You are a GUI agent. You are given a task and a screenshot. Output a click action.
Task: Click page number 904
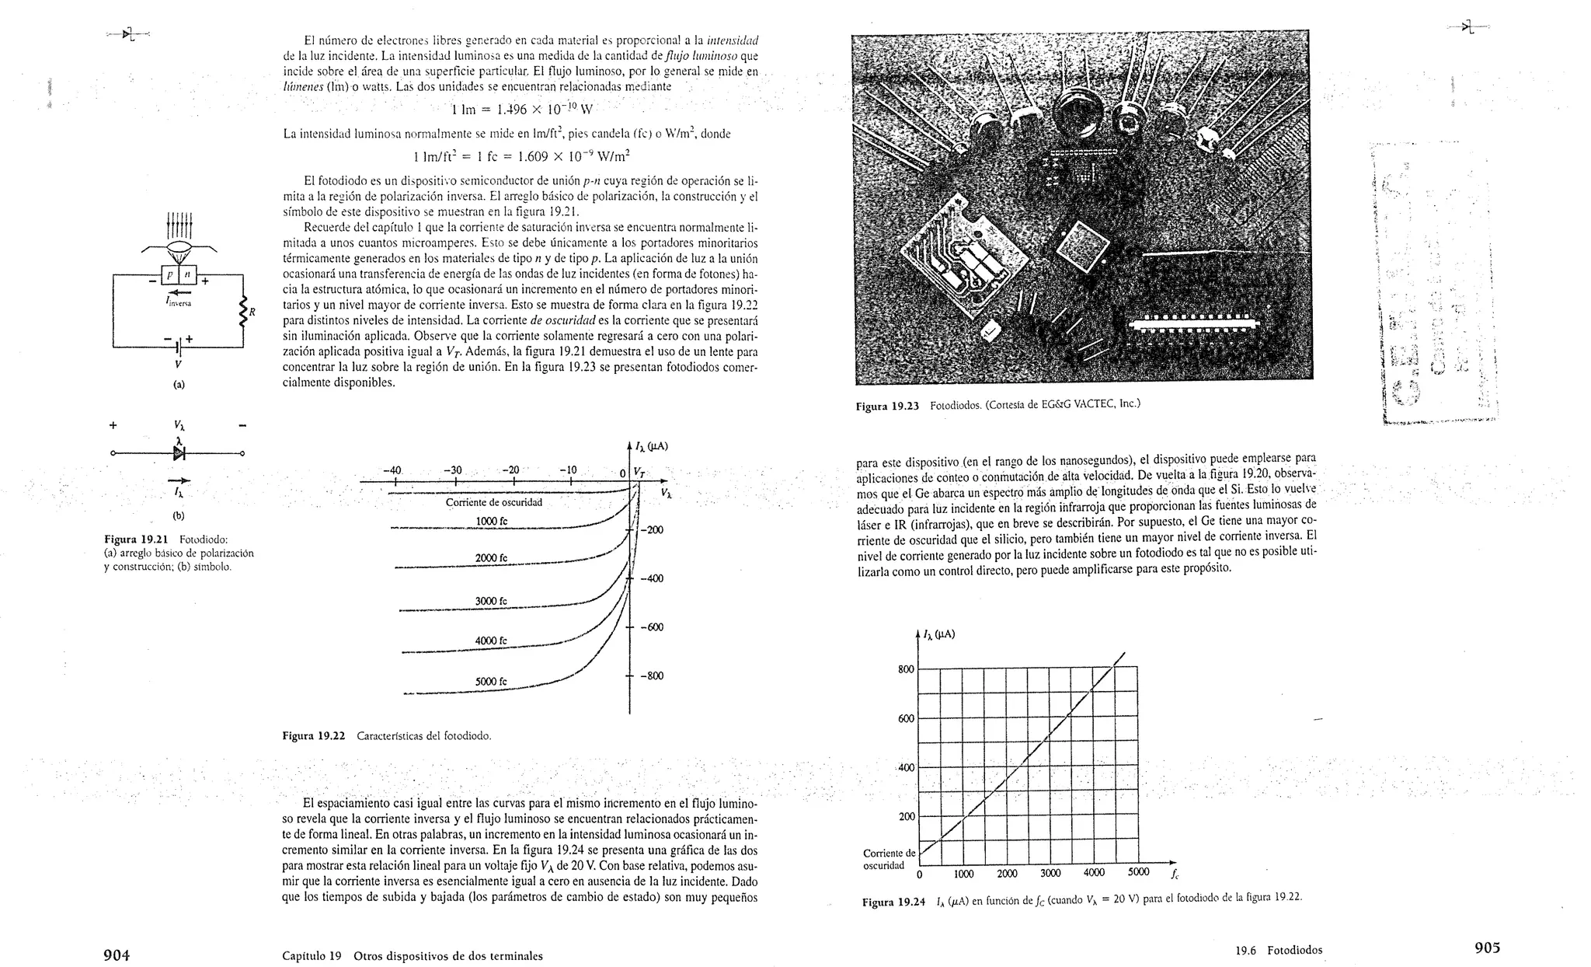pyautogui.click(x=117, y=955)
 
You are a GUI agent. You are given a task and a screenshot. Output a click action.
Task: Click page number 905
pyautogui.click(x=1487, y=948)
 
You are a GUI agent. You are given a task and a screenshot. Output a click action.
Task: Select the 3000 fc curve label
pyautogui.click(x=491, y=601)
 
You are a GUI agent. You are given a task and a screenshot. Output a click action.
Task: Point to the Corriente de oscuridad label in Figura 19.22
pyautogui.click(x=493, y=502)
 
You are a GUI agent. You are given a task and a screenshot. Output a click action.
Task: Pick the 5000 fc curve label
pyautogui.click(x=491, y=682)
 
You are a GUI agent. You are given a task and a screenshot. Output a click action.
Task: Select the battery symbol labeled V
pyautogui.click(x=179, y=344)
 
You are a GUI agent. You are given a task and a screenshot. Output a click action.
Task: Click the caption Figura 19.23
pyautogui.click(x=887, y=406)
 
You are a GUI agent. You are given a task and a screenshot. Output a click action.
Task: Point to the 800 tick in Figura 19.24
pyautogui.click(x=906, y=669)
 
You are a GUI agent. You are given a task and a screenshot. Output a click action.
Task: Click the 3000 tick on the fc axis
pyautogui.click(x=1050, y=873)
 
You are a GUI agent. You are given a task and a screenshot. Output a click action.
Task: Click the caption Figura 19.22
pyautogui.click(x=313, y=735)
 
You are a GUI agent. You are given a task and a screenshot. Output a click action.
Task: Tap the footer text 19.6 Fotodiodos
pyautogui.click(x=1279, y=950)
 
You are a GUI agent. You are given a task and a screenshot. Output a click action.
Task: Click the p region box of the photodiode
pyautogui.click(x=170, y=274)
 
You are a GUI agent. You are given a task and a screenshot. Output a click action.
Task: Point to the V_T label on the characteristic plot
pyautogui.click(x=639, y=471)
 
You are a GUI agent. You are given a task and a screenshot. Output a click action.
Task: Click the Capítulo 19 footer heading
pyautogui.click(x=412, y=956)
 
